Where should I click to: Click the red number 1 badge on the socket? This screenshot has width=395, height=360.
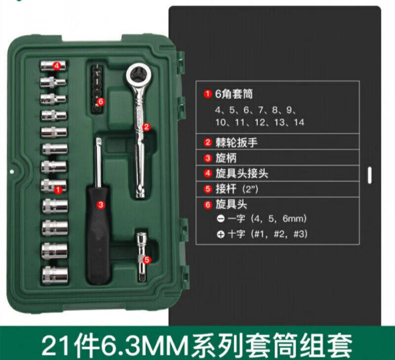coord(58,190)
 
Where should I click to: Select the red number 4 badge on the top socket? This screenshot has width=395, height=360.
coord(57,66)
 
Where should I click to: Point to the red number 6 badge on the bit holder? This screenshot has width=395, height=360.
coord(101,102)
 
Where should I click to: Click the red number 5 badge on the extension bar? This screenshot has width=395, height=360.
coord(147,260)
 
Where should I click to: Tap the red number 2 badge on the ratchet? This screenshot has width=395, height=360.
coord(146,127)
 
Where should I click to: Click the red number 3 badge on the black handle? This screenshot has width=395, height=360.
coord(101,204)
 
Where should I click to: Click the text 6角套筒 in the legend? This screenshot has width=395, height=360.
coord(234,94)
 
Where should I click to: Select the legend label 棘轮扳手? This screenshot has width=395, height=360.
coord(237,143)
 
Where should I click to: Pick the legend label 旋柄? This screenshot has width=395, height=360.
coord(226,158)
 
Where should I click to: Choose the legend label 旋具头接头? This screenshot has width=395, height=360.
coord(241,173)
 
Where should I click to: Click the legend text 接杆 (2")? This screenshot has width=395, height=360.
coord(237,189)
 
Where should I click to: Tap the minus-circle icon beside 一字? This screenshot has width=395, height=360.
coord(220,219)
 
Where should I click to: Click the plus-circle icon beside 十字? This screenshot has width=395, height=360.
coord(220,235)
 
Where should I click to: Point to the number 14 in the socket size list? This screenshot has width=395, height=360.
coord(299,122)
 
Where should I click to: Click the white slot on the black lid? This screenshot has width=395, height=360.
coord(369,175)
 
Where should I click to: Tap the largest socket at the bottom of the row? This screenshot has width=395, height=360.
coord(55,275)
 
